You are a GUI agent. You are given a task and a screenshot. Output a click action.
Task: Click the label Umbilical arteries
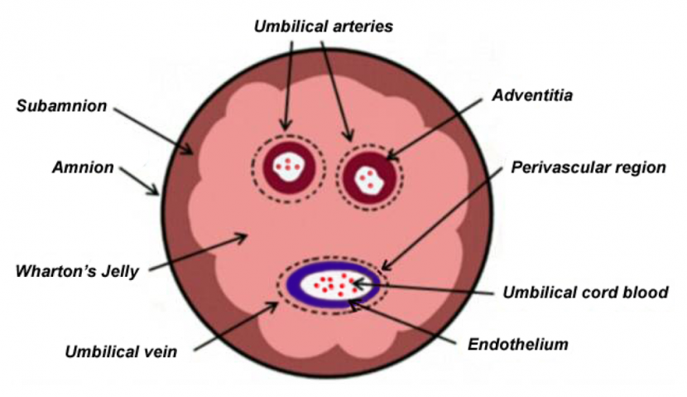[324, 27]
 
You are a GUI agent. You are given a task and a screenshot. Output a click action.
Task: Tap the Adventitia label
[532, 95]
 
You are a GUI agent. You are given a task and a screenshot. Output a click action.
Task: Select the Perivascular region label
[589, 167]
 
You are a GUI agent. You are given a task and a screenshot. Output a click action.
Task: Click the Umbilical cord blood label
[585, 293]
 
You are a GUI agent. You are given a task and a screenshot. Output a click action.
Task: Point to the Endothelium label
[518, 344]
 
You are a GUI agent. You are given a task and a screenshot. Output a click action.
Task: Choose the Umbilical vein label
[121, 351]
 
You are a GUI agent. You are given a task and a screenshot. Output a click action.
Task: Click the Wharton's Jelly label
[77, 272]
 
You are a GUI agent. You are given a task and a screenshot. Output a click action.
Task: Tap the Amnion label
[83, 167]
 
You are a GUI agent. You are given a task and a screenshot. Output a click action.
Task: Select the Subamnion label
[61, 106]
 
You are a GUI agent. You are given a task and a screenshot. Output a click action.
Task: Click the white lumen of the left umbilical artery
[289, 166]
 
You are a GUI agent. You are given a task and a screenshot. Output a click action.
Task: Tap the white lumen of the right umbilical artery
[369, 178]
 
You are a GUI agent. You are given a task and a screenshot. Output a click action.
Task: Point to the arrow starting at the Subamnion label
[154, 131]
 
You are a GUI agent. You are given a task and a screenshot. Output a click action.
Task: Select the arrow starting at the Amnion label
[140, 182]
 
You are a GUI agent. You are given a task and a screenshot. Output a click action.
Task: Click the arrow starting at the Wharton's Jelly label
[199, 252]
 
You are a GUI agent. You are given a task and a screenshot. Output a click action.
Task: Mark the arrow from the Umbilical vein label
[236, 326]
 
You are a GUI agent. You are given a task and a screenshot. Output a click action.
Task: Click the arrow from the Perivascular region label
[443, 219]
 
